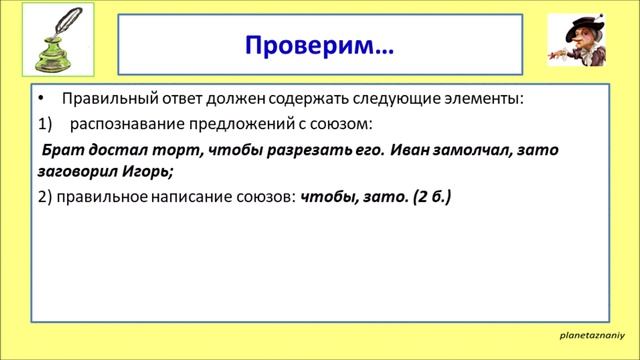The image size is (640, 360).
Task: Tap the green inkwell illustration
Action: click(x=50, y=58)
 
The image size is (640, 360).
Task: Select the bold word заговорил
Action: click(x=78, y=171)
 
